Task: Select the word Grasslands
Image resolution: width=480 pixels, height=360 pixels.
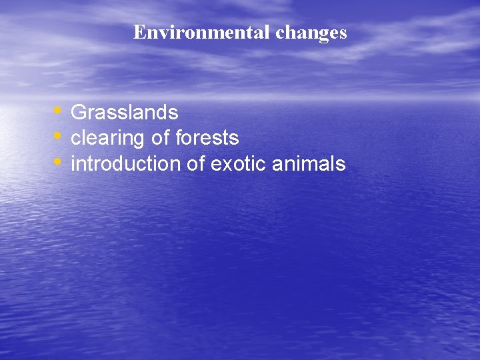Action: tap(124, 112)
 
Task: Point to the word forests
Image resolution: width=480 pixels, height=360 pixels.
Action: tap(207, 138)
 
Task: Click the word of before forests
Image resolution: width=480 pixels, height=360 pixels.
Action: tap(160, 138)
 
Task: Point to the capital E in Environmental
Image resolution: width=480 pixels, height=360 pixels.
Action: tap(139, 32)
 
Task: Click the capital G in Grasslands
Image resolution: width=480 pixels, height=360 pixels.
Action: tap(77, 112)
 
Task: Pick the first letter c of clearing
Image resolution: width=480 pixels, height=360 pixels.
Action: tap(75, 139)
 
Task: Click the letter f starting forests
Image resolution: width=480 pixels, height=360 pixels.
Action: tap(178, 137)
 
